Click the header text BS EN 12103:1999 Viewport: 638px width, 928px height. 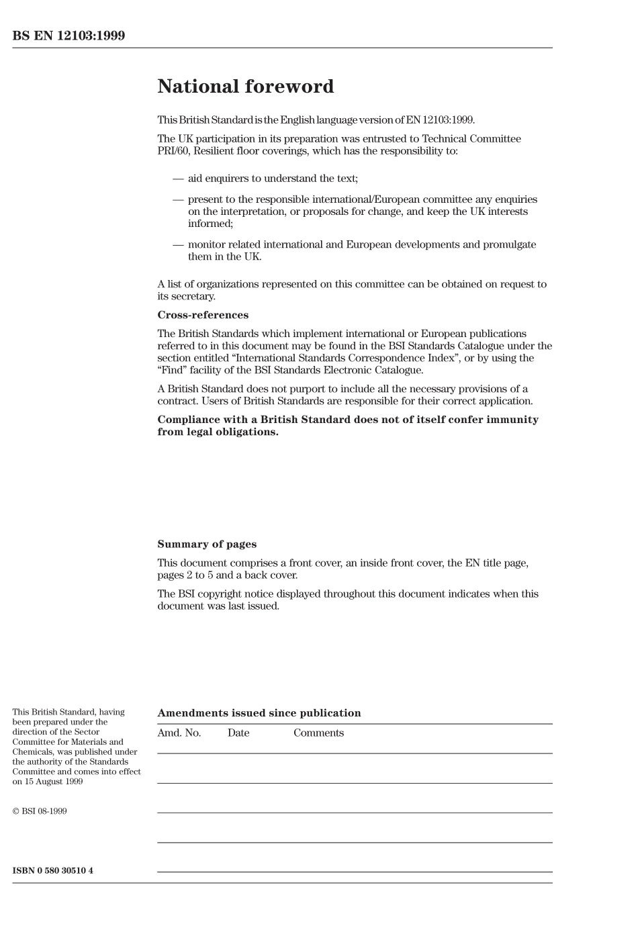(69, 36)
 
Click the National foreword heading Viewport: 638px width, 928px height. (245, 87)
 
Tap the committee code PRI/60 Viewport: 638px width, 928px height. (173, 151)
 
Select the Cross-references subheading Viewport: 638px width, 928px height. (203, 315)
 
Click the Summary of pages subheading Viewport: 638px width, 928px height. (207, 545)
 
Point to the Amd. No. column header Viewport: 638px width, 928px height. (179, 733)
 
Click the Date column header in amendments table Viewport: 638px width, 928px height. (238, 733)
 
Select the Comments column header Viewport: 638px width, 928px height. (318, 733)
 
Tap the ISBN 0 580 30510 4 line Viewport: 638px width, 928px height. (52, 871)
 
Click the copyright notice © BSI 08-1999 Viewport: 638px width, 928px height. (40, 811)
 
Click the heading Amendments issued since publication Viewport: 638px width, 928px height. (259, 713)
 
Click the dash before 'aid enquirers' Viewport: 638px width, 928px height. (178, 179)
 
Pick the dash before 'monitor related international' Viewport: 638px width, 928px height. (178, 245)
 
